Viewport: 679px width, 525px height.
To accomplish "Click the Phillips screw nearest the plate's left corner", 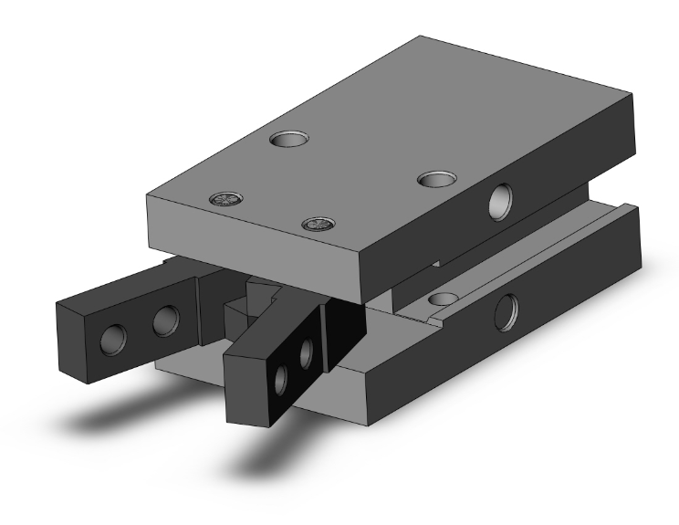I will pos(224,199).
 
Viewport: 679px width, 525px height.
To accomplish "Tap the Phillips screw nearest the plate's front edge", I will pos(317,224).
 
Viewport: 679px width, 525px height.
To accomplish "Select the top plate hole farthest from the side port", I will pos(289,139).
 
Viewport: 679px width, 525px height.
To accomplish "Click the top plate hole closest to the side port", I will pos(436,177).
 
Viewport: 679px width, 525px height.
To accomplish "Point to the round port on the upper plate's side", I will pos(500,201).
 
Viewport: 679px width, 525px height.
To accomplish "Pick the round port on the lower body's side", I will pos(505,313).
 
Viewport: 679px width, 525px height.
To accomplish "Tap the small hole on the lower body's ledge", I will pos(444,299).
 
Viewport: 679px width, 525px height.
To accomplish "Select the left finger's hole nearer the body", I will pos(165,320).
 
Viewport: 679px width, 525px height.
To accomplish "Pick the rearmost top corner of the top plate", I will pos(422,37).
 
